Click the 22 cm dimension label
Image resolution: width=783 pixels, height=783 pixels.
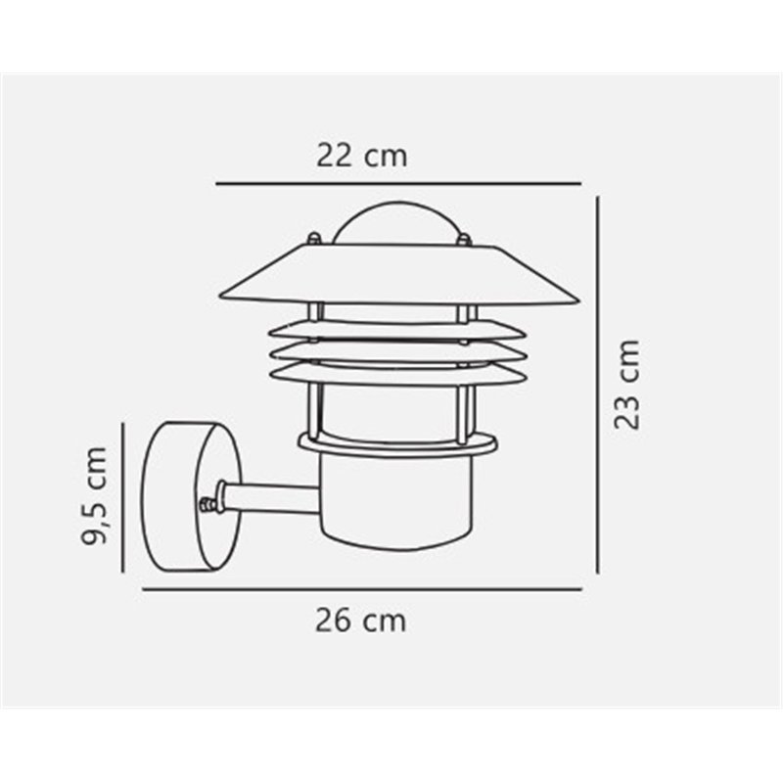361,155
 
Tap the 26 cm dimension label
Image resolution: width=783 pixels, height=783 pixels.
361,620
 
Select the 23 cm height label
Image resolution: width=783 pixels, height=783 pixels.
626,384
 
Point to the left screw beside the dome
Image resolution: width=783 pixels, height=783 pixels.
312,238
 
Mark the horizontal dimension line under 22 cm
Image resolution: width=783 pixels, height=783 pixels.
398,183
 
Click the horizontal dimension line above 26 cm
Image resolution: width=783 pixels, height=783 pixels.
362,589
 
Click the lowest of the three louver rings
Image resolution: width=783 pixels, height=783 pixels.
395,373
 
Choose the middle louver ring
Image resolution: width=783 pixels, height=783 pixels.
395,350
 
